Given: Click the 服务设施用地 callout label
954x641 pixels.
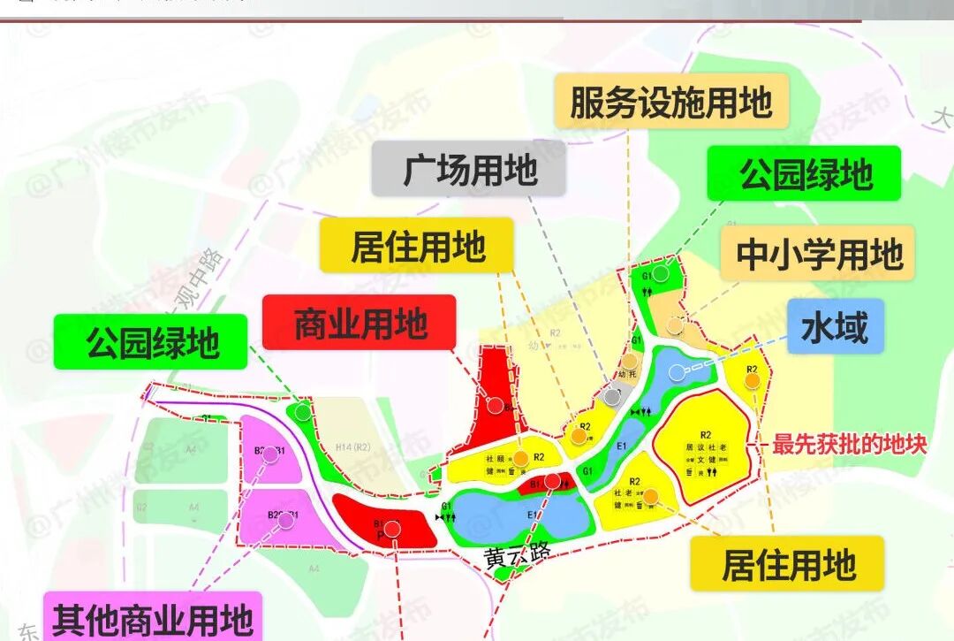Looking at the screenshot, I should (670, 103).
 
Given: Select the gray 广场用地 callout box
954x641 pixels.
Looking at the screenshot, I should (469, 168).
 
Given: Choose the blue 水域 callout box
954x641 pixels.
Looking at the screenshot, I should (834, 328).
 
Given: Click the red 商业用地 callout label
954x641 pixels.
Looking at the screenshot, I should (360, 323).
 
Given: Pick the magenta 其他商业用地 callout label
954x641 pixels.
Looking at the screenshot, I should (153, 619).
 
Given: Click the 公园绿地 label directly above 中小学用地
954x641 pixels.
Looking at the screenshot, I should (805, 173).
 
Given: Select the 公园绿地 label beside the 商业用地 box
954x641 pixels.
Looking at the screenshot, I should (152, 341).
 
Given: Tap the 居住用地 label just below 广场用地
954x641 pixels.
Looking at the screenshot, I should (418, 246).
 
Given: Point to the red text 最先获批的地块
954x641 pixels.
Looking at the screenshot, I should (849, 444).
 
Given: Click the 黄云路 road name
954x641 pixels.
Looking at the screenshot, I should (517, 556).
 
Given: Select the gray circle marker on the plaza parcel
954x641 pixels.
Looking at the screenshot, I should (611, 397).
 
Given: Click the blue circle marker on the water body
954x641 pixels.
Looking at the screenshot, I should (678, 372).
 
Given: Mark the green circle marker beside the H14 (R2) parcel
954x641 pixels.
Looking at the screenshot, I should (303, 411).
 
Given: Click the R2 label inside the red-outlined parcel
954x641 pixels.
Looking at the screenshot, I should (706, 434).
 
